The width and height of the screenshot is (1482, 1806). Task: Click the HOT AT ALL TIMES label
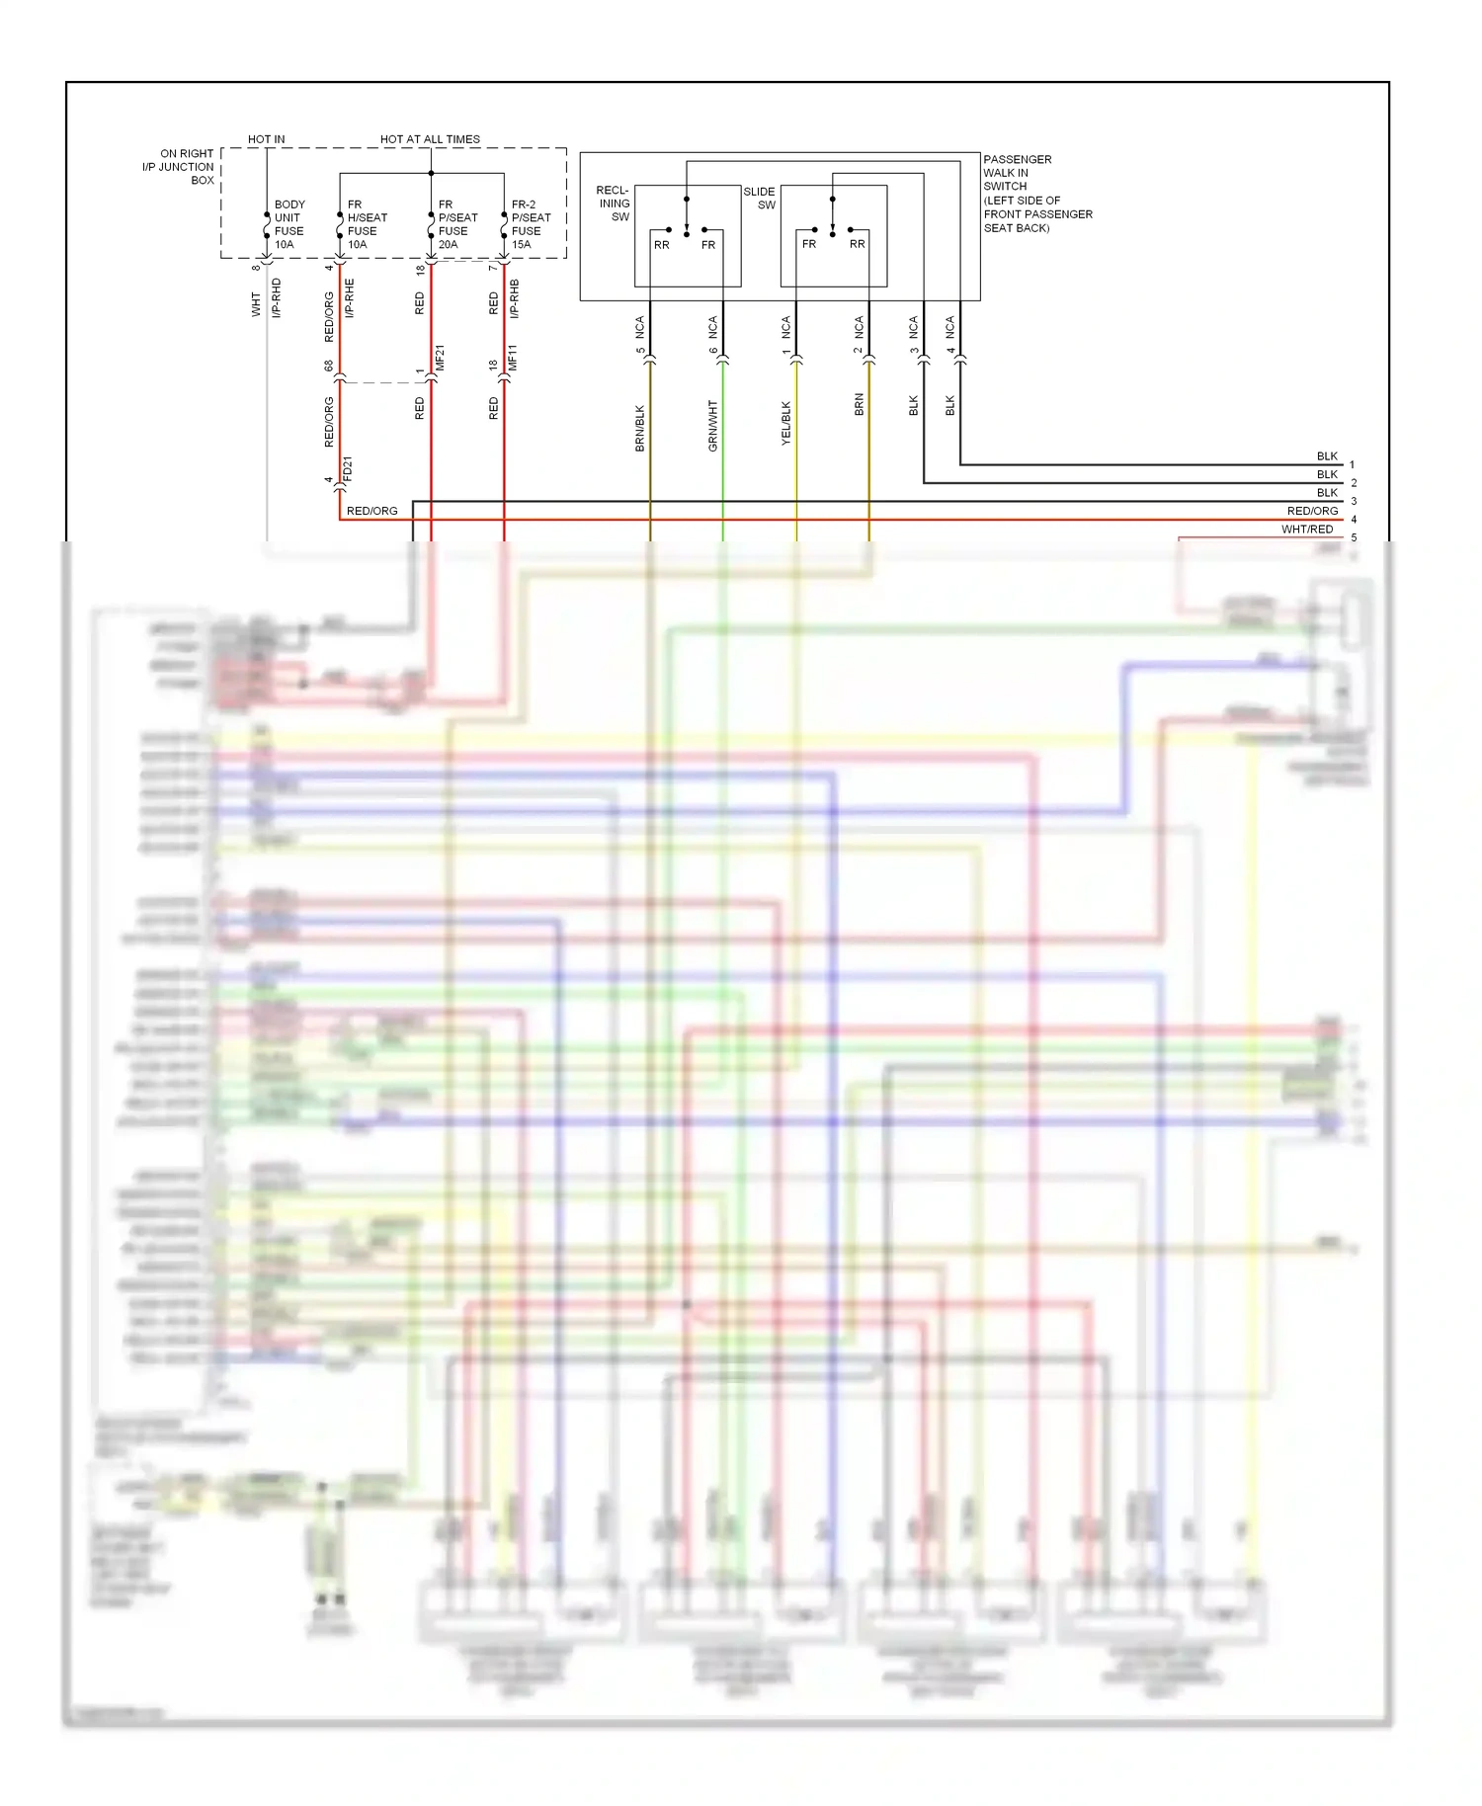click(x=430, y=139)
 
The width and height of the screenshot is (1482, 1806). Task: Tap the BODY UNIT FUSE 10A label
click(x=288, y=224)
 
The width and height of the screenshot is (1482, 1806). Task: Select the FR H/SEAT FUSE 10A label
click(x=367, y=224)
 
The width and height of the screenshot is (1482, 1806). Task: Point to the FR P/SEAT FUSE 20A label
click(x=457, y=224)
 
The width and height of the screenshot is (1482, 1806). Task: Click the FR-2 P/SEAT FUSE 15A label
click(x=531, y=224)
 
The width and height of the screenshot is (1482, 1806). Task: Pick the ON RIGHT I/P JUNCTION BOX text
click(x=179, y=167)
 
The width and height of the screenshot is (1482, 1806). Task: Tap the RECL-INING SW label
click(x=613, y=204)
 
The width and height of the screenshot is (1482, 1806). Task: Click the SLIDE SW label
click(x=759, y=198)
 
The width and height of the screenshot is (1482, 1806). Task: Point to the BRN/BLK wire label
click(x=640, y=428)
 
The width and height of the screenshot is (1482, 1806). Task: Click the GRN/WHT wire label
click(x=713, y=426)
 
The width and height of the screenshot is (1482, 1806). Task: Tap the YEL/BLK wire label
click(x=786, y=423)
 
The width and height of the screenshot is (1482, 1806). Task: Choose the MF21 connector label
click(x=441, y=358)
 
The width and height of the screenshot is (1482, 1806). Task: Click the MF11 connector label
click(x=513, y=358)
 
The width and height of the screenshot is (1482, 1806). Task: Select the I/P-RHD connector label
click(x=277, y=297)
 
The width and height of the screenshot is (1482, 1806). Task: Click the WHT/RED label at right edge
click(x=1306, y=530)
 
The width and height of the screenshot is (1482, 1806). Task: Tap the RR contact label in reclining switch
click(x=661, y=245)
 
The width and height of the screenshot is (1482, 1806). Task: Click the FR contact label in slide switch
click(x=809, y=244)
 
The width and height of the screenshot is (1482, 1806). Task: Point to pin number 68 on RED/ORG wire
click(x=329, y=366)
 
